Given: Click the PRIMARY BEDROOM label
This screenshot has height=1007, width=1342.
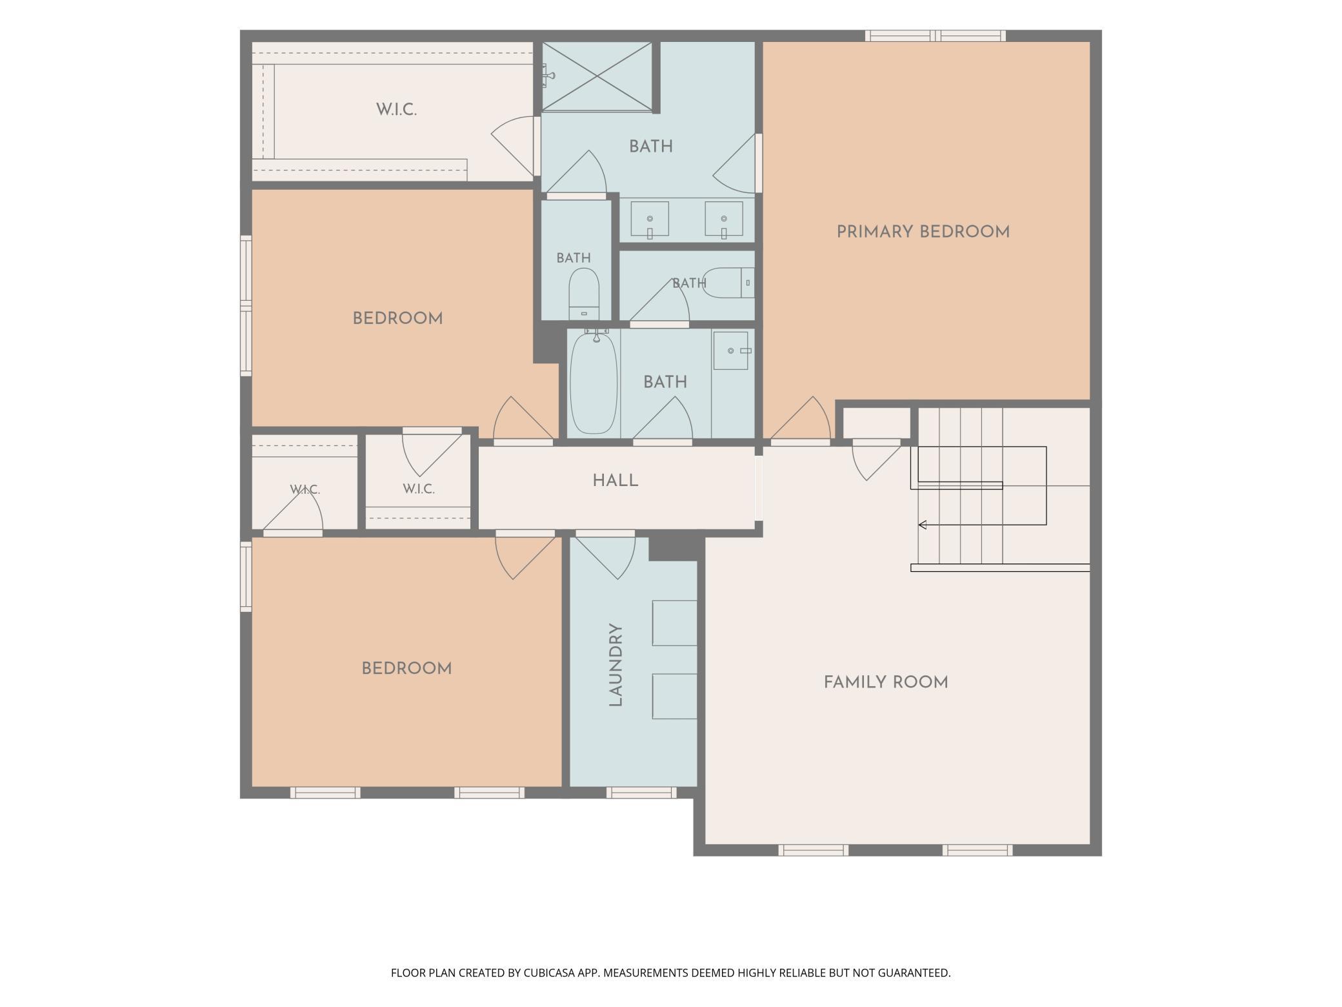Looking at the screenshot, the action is [923, 232].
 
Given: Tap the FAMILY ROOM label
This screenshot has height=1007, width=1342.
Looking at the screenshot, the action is [886, 682].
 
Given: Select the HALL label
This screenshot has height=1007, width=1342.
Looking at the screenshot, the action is [616, 480].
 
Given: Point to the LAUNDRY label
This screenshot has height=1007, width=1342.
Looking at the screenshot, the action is [616, 665].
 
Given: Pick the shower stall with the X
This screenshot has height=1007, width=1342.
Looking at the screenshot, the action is [597, 76].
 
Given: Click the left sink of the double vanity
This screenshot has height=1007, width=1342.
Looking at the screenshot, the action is [650, 219].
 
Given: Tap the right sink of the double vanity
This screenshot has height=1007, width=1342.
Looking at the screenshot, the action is [724, 219].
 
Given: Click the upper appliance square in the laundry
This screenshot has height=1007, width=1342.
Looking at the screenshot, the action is [675, 623].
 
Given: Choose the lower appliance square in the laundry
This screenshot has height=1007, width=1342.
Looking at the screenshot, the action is [675, 696].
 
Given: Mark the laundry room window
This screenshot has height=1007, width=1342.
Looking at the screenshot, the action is [641, 793].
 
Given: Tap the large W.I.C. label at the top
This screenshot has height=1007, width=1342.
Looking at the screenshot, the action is [397, 110].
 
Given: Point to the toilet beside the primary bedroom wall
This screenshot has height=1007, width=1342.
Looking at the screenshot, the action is [728, 283].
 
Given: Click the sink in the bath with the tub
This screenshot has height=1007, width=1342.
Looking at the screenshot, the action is [731, 351].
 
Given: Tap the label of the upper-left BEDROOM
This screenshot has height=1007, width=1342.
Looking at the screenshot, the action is [397, 318].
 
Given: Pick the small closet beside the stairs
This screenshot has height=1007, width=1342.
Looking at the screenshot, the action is [877, 423].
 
